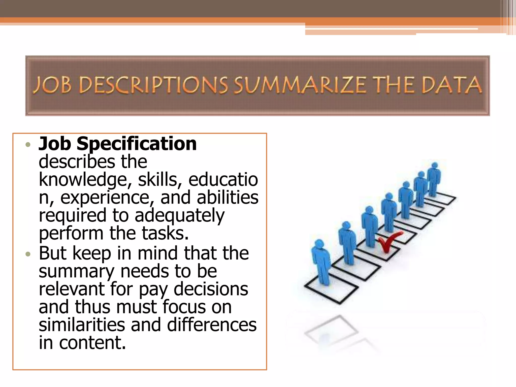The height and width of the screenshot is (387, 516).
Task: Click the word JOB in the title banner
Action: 52,85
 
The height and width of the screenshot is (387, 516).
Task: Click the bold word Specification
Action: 137,144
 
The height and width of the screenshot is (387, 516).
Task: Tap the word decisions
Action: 211,289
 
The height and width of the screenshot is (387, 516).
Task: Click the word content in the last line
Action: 92,343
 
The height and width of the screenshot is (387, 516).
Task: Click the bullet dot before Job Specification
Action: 28,145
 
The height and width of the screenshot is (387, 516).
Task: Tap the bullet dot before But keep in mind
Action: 28,254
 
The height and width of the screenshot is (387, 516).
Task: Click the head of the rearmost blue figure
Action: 435,166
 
